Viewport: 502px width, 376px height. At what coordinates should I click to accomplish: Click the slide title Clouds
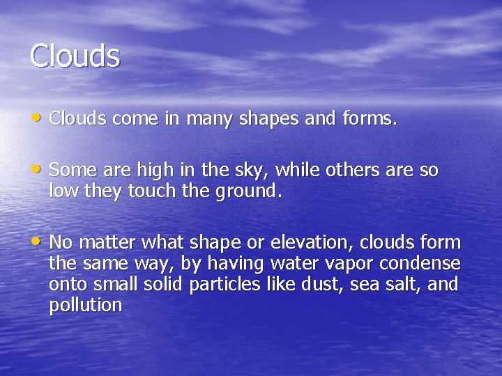pyautogui.click(x=75, y=56)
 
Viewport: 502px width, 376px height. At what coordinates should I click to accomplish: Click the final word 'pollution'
pyautogui.click(x=85, y=306)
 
